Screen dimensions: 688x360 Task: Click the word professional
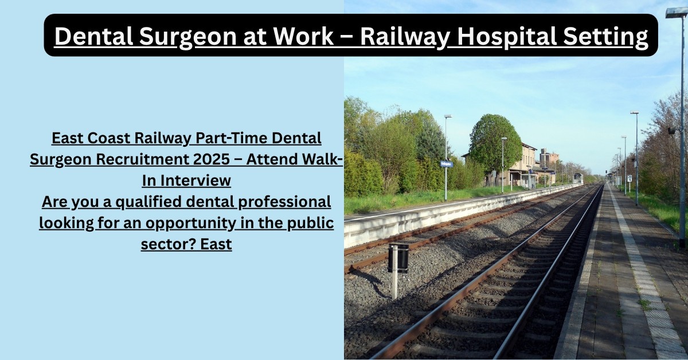[284, 202]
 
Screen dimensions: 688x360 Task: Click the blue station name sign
[447, 164]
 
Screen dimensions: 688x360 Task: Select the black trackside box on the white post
[398, 258]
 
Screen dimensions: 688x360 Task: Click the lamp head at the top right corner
[677, 12]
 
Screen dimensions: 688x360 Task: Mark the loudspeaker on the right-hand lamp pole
[672, 130]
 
